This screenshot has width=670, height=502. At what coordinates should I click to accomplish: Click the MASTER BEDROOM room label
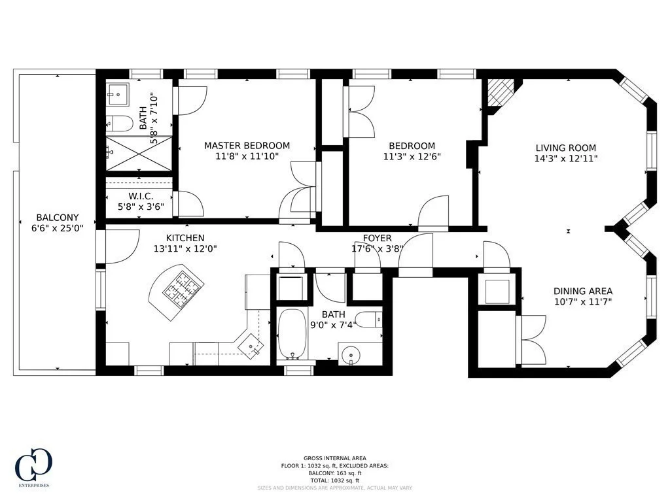click(247, 146)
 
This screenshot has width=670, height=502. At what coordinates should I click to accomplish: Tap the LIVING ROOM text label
click(566, 148)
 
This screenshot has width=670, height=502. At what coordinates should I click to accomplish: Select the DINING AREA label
click(583, 292)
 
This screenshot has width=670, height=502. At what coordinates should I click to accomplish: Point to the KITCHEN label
click(185, 238)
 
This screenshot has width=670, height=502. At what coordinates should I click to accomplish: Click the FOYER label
click(378, 238)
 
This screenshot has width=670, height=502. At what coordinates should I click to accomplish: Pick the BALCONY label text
click(58, 218)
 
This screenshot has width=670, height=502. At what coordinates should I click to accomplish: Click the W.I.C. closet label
click(141, 195)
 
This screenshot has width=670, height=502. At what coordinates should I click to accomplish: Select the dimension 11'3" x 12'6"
click(412, 157)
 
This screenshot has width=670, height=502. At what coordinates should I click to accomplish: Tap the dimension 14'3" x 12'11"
click(566, 158)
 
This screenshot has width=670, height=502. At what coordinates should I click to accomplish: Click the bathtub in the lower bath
click(292, 335)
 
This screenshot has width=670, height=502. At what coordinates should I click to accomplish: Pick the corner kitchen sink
click(250, 345)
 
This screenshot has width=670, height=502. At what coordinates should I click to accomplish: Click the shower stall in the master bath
click(139, 154)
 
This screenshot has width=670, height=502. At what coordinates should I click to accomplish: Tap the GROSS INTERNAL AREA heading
click(334, 458)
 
